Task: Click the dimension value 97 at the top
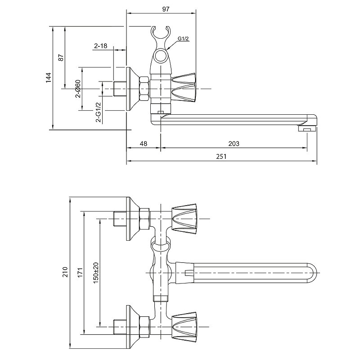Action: [x=166, y=9]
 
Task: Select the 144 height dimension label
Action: [x=49, y=78]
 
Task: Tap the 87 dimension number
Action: [x=61, y=58]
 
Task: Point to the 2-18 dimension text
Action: [x=100, y=46]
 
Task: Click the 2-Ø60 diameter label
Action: [x=78, y=89]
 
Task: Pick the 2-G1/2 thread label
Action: [x=99, y=112]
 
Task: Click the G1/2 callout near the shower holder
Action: [x=183, y=39]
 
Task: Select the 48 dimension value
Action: [x=143, y=144]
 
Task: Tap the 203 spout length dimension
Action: [x=234, y=144]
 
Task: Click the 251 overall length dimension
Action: [x=221, y=156]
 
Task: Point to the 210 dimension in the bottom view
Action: [x=65, y=272]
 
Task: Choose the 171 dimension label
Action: [x=80, y=272]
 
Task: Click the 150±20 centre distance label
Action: [x=96, y=273]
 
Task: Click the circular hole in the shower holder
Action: [x=161, y=56]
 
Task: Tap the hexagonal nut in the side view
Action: [x=144, y=89]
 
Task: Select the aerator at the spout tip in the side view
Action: [x=307, y=129]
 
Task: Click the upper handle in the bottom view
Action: [x=184, y=219]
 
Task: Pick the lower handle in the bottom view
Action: [x=184, y=327]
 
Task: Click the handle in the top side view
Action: [x=184, y=88]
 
